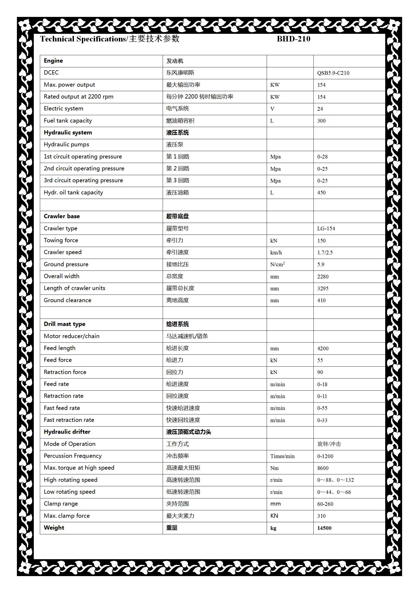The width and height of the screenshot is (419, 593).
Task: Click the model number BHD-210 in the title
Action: pyautogui.click(x=293, y=39)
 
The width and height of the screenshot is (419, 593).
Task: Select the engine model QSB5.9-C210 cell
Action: pyautogui.click(x=333, y=73)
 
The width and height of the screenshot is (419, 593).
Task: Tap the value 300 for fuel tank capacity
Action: pyautogui.click(x=321, y=121)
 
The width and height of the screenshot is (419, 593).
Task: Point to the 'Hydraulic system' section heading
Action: pyautogui.click(x=68, y=133)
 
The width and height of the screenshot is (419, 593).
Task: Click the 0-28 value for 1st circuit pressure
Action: pyautogui.click(x=322, y=157)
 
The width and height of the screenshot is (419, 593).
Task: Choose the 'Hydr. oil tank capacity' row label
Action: pyautogui.click(x=73, y=193)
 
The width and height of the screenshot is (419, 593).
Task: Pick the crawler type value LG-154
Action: pyautogui.click(x=326, y=229)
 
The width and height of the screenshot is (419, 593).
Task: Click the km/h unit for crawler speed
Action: pyautogui.click(x=276, y=253)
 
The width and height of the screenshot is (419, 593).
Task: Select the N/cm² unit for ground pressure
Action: pyautogui.click(x=277, y=264)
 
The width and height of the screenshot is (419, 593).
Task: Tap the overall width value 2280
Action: pyautogui.click(x=323, y=277)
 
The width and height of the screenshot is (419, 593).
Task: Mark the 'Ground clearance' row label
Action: pyautogui.click(x=68, y=300)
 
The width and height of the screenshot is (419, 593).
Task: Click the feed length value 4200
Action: pyautogui.click(x=323, y=348)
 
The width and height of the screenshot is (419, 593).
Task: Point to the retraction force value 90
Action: pyautogui.click(x=320, y=372)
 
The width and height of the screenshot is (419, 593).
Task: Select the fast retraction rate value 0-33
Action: pyautogui.click(x=322, y=420)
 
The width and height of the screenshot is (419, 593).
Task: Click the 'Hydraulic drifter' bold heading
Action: pyautogui.click(x=67, y=432)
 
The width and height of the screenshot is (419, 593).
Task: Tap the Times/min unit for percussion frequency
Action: pyautogui.click(x=282, y=456)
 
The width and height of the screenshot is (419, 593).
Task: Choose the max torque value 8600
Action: pyautogui.click(x=323, y=468)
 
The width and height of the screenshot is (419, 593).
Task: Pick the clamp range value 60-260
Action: pyautogui.click(x=325, y=504)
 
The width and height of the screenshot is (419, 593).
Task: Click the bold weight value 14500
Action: pyautogui.click(x=324, y=528)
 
